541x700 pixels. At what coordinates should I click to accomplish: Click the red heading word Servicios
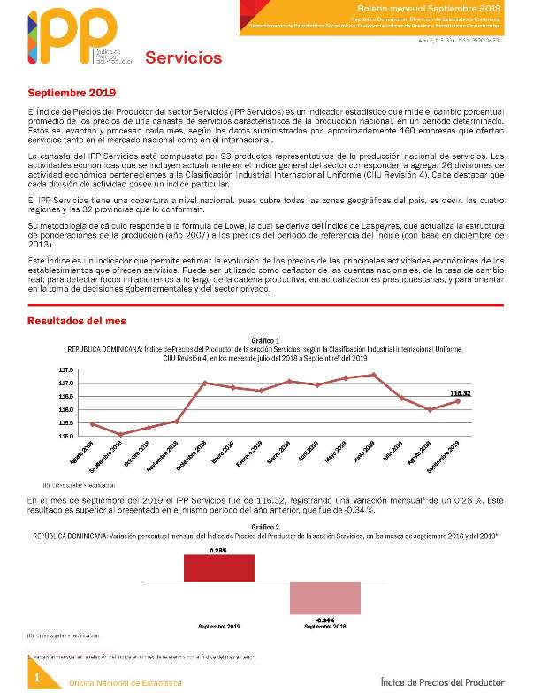click(x=183, y=58)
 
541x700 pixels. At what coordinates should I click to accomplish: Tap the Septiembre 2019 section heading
click(x=72, y=93)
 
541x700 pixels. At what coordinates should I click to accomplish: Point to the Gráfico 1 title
click(x=265, y=340)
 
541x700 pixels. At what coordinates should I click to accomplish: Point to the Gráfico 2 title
click(x=265, y=528)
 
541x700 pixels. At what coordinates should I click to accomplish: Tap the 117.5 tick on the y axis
click(x=66, y=369)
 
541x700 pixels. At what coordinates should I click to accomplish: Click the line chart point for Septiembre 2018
click(x=120, y=434)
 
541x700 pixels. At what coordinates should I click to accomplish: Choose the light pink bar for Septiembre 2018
click(x=325, y=598)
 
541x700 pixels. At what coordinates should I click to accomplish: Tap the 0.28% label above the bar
click(x=218, y=549)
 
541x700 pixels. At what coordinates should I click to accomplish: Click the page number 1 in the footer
click(x=37, y=677)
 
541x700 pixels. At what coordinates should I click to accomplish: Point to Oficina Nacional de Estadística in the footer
click(x=126, y=683)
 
